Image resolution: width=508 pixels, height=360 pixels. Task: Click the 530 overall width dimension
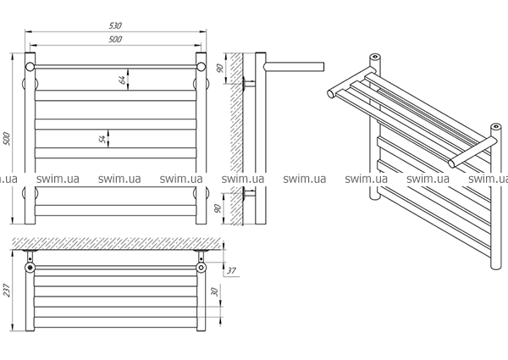[115, 25]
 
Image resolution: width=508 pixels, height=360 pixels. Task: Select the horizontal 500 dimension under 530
[115, 39]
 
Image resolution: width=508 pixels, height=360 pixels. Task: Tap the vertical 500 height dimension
[7, 139]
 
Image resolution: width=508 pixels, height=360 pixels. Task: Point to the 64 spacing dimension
[122, 80]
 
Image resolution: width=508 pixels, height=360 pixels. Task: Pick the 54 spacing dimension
[102, 139]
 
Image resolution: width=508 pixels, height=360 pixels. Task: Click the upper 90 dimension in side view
[220, 68]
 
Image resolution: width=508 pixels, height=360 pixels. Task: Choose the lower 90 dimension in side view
[218, 208]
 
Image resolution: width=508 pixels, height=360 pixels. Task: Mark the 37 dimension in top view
[231, 270]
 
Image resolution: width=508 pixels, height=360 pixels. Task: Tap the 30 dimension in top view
[214, 291]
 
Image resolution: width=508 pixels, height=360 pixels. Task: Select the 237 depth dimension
[7, 291]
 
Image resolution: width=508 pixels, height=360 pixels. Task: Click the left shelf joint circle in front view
[30, 67]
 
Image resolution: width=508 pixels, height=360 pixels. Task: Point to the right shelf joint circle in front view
[202, 67]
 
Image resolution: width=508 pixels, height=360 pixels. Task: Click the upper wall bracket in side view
[248, 83]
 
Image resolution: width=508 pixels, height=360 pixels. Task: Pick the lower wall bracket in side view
[248, 193]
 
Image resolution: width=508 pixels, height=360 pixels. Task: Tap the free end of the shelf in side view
[323, 66]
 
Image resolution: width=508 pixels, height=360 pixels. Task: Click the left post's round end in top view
[30, 268]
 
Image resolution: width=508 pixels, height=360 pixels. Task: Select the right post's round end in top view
[202, 268]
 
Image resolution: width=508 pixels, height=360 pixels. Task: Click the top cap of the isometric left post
[375, 57]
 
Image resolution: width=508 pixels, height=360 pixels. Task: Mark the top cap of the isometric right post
[495, 126]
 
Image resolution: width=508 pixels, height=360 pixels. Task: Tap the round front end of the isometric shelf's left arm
[331, 94]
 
